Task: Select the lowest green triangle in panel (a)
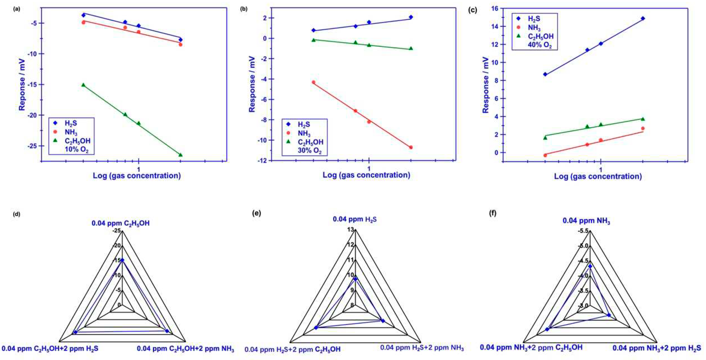[180, 155]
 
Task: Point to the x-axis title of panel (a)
[137, 176]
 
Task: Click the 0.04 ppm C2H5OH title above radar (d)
[121, 223]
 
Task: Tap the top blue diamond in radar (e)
[355, 279]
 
